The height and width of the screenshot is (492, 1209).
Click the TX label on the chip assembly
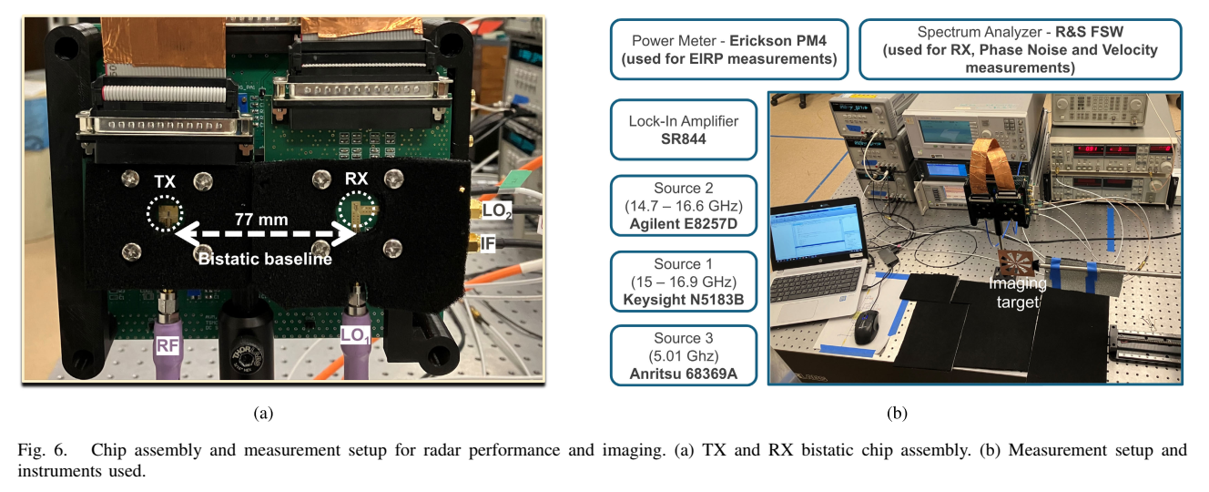[165, 181]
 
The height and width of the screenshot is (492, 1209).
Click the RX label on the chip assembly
[356, 179]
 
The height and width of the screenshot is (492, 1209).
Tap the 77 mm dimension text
[261, 220]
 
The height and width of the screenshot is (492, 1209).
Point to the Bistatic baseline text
[265, 260]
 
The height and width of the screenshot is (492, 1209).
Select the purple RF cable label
[168, 345]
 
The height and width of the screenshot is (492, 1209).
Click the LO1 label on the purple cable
[355, 336]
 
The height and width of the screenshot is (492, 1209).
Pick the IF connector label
[487, 243]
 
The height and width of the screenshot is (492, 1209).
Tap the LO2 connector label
[496, 211]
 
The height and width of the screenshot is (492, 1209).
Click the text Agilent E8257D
[684, 223]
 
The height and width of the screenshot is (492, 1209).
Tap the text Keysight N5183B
[684, 299]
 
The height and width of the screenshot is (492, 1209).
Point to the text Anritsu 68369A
[684, 374]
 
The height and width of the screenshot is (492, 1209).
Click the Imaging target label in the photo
[1018, 292]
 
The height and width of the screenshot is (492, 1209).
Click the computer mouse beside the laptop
[867, 327]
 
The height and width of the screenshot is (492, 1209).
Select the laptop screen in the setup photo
[818, 233]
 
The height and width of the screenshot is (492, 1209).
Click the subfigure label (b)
[897, 413]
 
